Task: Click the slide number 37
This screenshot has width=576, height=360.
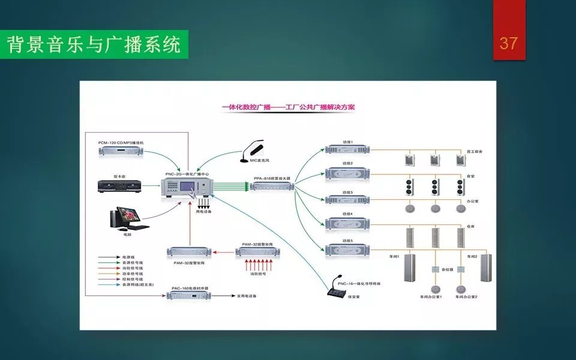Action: (x=508, y=43)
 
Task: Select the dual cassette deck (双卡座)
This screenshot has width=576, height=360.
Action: (x=121, y=186)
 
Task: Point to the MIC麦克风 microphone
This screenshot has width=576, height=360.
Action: (x=252, y=152)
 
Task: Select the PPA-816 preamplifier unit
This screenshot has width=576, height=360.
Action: (x=272, y=187)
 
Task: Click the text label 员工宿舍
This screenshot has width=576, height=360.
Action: (x=473, y=151)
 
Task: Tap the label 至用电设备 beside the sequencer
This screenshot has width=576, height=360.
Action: (x=246, y=296)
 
